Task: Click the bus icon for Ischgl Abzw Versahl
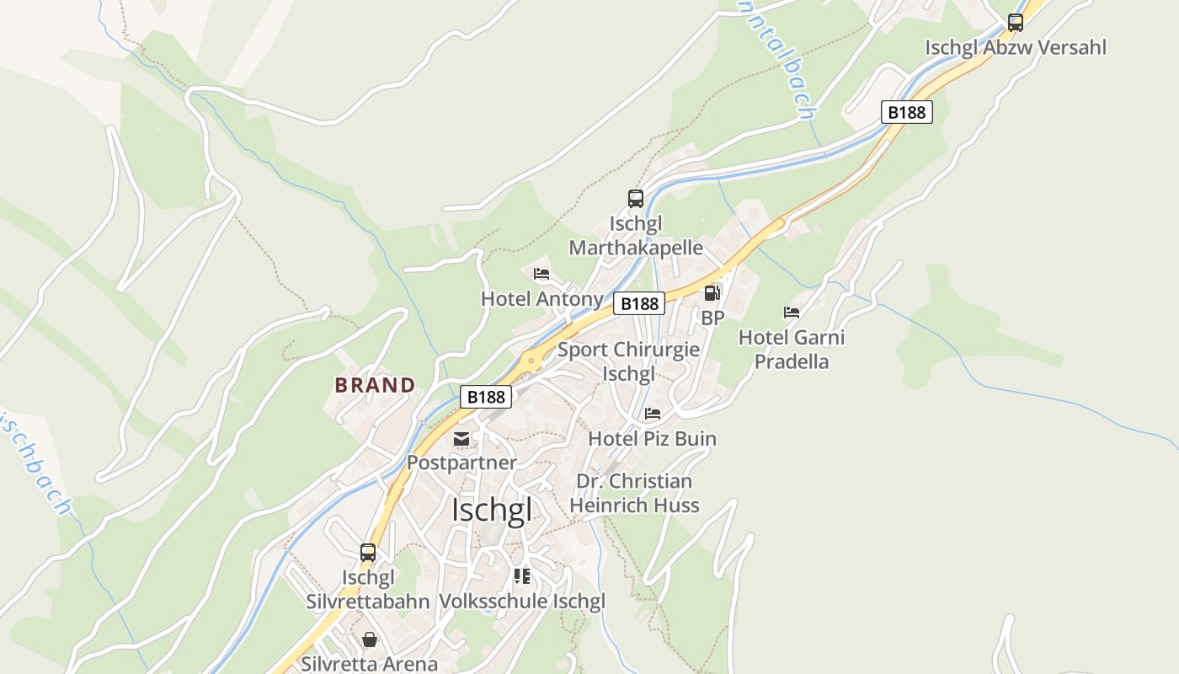point(1016,23)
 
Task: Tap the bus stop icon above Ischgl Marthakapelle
point(636,199)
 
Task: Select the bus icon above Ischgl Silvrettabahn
point(368,553)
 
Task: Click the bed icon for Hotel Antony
point(541,274)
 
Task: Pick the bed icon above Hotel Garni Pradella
point(792,313)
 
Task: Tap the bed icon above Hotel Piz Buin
point(653,414)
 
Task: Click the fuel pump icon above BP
point(712,293)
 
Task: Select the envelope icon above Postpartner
point(461,438)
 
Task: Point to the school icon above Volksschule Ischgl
point(522,576)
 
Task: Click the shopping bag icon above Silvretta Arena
point(369,639)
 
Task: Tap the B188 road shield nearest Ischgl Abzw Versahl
point(907,112)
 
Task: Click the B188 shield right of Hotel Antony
point(639,303)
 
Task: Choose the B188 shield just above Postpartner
point(486,396)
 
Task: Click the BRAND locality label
point(376,385)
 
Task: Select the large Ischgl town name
point(492,511)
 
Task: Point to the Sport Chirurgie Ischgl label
point(628,361)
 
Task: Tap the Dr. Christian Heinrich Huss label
point(634,493)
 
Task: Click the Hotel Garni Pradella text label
point(792,350)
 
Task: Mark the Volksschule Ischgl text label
point(522,602)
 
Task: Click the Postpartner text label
point(461,463)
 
